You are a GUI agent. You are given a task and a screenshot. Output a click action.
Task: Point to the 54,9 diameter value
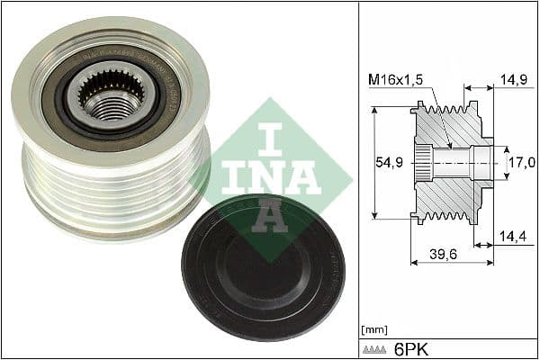[x=388, y=162]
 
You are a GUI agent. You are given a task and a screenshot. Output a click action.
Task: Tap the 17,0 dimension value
[x=522, y=163]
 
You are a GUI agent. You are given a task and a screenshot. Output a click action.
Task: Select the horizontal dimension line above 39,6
[x=452, y=263]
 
